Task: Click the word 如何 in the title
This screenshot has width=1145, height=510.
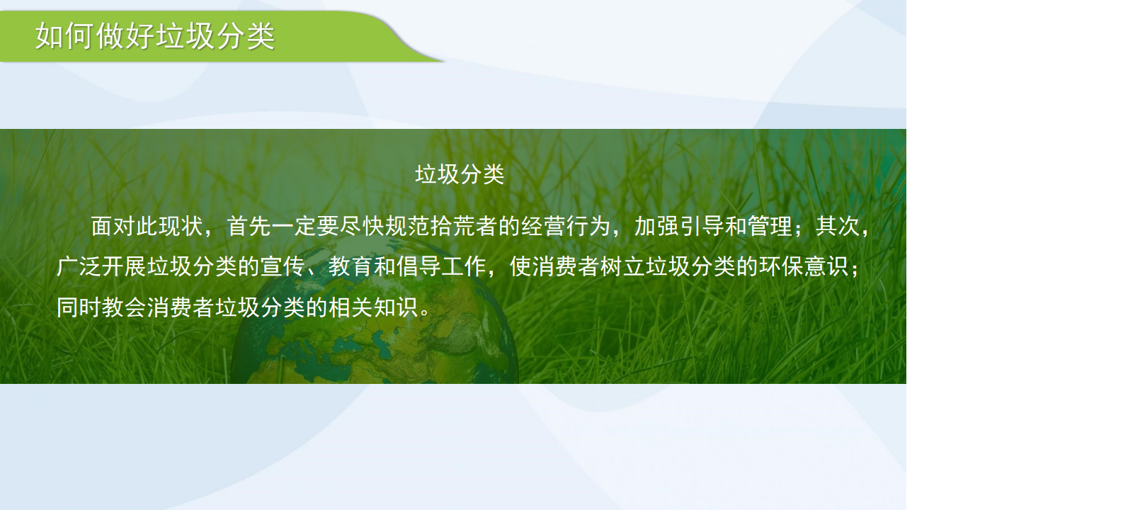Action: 65,36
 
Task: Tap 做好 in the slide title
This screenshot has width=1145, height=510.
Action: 125,36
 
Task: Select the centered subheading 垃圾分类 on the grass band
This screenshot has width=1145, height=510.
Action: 460,174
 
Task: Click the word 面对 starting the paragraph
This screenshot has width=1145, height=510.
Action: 113,226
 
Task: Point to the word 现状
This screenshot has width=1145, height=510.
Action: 181,226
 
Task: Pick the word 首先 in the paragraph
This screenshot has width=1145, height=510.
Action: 249,226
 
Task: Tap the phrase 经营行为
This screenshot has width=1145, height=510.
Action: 566,226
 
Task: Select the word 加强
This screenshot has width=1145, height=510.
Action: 656,226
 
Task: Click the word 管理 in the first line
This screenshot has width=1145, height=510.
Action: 770,226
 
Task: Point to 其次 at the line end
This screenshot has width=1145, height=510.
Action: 838,226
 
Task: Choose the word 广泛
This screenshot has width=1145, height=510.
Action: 79,266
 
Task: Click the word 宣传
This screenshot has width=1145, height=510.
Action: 283,266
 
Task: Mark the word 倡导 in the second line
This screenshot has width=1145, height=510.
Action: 418,266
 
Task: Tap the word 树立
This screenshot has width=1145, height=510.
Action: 622,266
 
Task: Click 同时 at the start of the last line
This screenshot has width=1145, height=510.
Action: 79,307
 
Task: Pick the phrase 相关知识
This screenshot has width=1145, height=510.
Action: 373,307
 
